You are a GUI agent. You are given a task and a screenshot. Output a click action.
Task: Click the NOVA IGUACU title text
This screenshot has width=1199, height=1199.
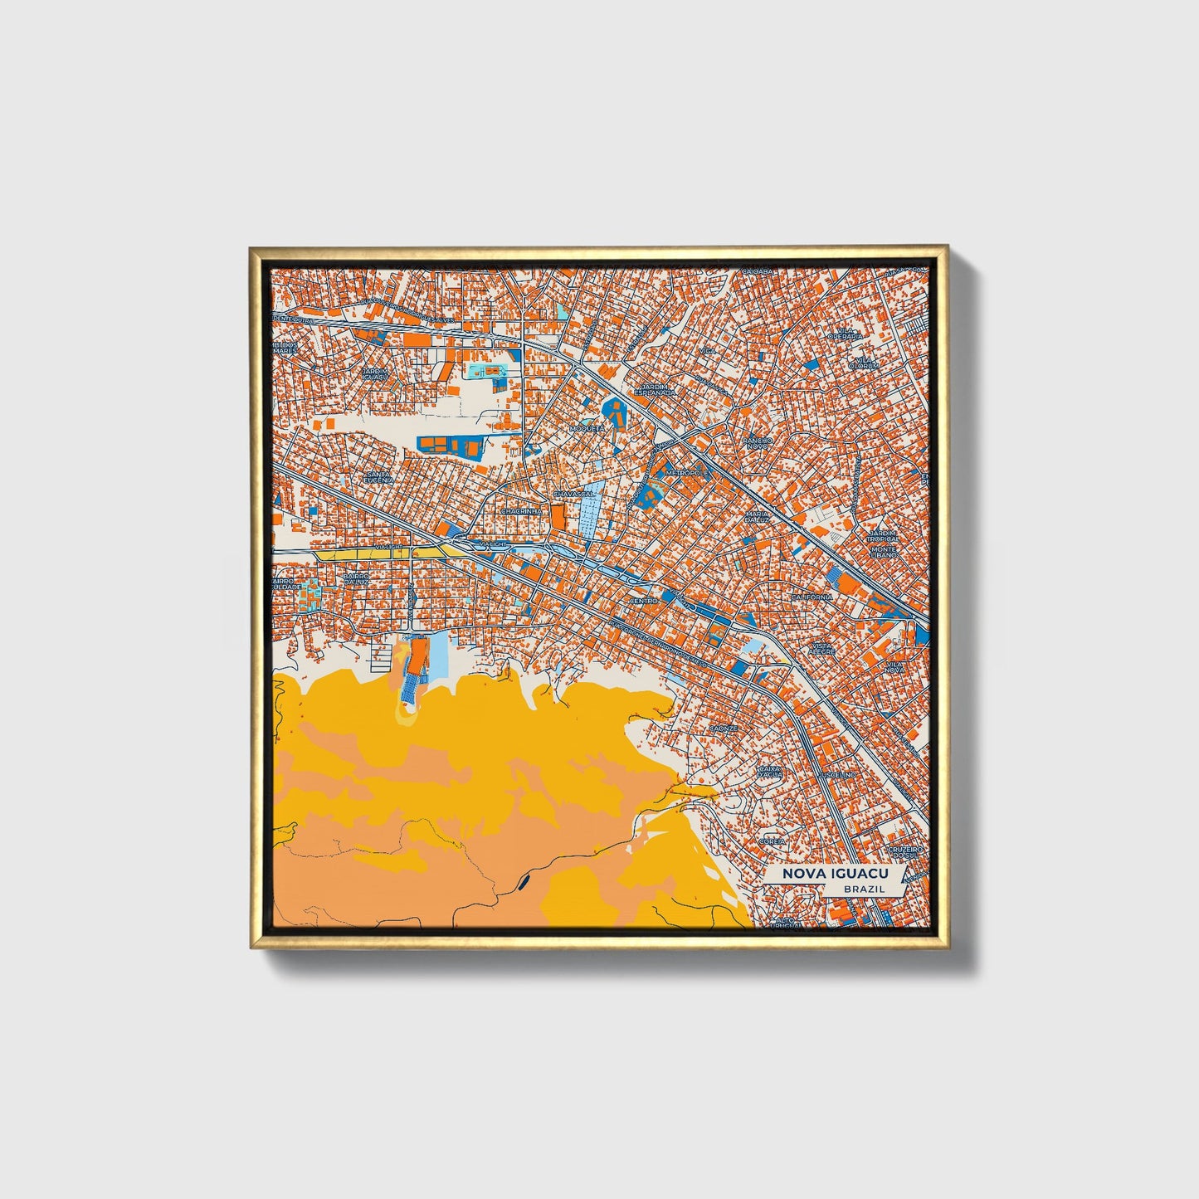pyautogui.click(x=832, y=873)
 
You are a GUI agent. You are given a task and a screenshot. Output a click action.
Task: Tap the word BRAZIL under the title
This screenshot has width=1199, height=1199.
pyautogui.click(x=864, y=889)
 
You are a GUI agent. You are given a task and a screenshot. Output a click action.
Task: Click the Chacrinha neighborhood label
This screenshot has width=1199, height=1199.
pyautogui.click(x=521, y=512)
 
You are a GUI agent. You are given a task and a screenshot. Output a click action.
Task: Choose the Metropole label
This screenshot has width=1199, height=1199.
pyautogui.click(x=688, y=472)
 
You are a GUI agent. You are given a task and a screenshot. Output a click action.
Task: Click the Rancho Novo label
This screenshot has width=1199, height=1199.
pyautogui.click(x=757, y=443)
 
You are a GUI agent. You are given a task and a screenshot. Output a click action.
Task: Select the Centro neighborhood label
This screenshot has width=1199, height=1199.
pyautogui.click(x=644, y=600)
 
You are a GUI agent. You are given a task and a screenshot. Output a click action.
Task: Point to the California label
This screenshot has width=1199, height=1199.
pyautogui.click(x=812, y=597)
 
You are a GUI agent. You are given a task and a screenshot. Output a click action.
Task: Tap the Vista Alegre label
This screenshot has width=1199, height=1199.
pyautogui.click(x=822, y=649)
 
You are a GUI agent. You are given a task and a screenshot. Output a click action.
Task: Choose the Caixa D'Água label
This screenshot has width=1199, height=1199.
pyautogui.click(x=770, y=773)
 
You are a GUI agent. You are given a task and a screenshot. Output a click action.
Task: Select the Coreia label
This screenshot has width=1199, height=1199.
pyautogui.click(x=773, y=841)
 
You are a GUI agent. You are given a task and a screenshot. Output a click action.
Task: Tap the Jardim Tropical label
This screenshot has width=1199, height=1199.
pyautogui.click(x=884, y=535)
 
